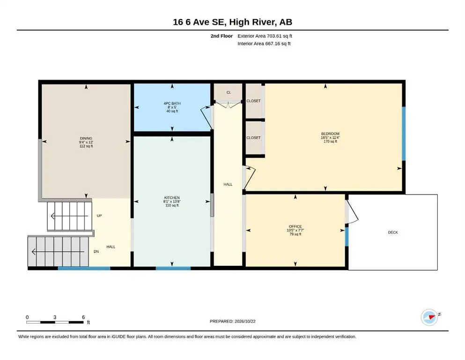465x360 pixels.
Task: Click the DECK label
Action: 393,232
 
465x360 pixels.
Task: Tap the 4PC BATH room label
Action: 172,103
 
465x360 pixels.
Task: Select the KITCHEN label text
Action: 172,198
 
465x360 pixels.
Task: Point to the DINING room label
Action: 86,138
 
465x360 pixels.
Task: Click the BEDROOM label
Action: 330,134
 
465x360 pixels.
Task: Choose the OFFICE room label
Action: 295,226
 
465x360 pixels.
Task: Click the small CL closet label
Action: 229,93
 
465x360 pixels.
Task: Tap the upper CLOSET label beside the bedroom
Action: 253,101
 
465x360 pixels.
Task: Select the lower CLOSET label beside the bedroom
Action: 253,138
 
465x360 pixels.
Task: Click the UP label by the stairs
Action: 99,216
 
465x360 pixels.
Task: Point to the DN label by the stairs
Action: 96,252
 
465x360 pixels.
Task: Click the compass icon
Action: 429,317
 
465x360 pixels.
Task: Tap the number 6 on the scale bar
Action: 83,317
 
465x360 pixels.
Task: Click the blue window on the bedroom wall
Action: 404,134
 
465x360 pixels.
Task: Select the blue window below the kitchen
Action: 173,268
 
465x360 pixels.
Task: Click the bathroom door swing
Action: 207,117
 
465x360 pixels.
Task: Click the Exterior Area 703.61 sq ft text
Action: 265,36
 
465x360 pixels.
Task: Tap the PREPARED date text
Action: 232,321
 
